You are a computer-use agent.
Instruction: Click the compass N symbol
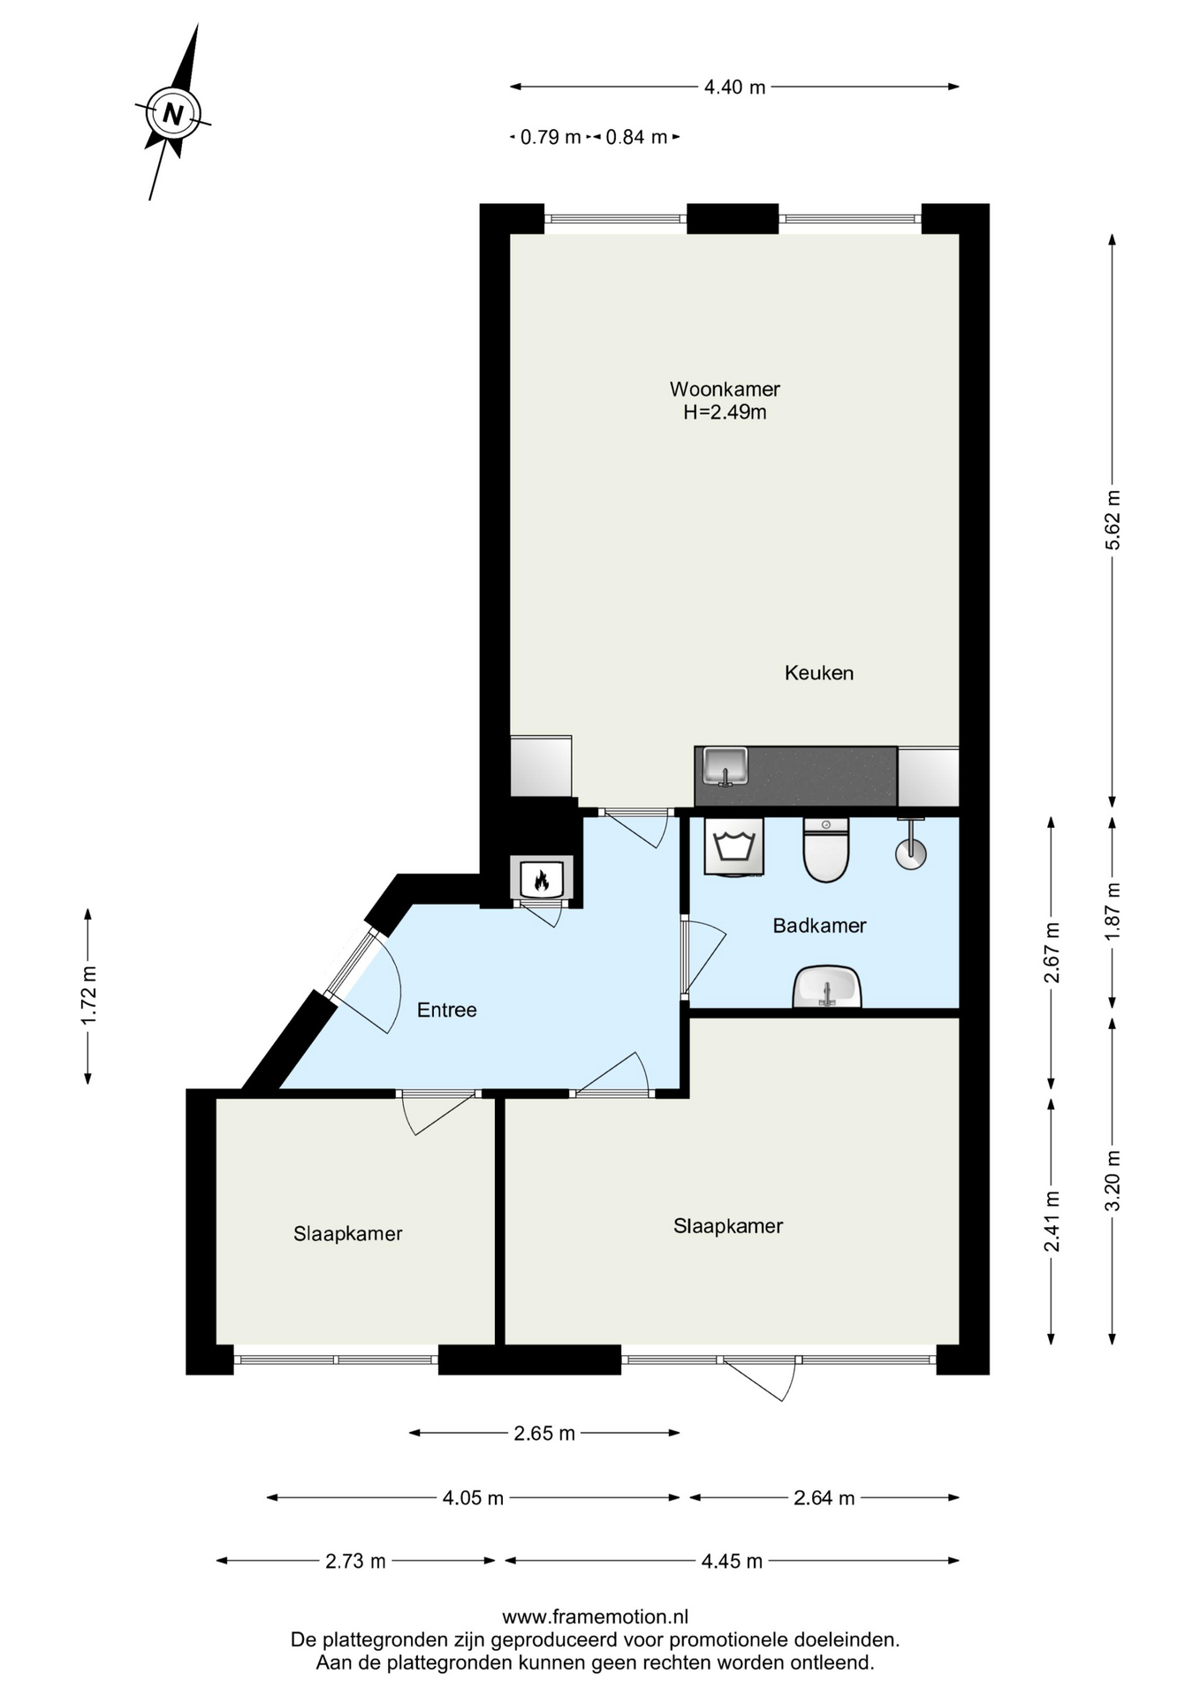(x=173, y=113)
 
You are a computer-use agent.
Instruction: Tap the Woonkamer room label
(x=725, y=389)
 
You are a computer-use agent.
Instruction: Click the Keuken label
(x=819, y=673)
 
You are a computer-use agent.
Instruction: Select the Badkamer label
(x=819, y=926)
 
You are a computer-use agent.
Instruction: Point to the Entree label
(x=447, y=1010)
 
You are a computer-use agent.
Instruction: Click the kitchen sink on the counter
(x=725, y=766)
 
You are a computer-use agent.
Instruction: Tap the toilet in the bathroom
(x=826, y=850)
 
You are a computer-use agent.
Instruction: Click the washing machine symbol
(x=733, y=846)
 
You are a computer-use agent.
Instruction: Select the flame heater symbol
(x=542, y=878)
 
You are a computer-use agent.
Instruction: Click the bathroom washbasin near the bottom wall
(x=827, y=987)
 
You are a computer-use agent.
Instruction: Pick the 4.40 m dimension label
(x=734, y=87)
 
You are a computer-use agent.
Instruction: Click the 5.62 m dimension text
(x=1113, y=520)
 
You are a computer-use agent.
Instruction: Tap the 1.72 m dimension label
(x=88, y=996)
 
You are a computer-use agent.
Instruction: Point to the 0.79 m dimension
(x=551, y=137)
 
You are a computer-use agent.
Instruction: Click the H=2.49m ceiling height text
(x=725, y=412)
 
